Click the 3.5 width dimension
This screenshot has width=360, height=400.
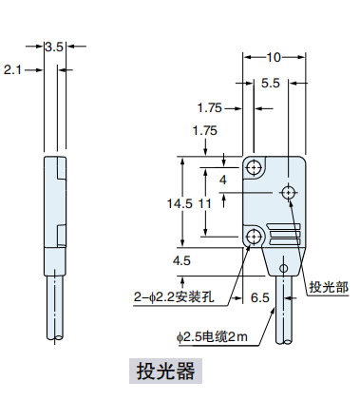(54, 45)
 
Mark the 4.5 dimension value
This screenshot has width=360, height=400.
(181, 259)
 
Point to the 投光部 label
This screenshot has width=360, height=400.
(328, 286)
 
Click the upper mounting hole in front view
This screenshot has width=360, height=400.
(255, 168)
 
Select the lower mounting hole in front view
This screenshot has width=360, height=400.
(255, 237)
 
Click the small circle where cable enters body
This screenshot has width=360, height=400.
(284, 269)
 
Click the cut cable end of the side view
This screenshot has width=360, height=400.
(56, 335)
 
